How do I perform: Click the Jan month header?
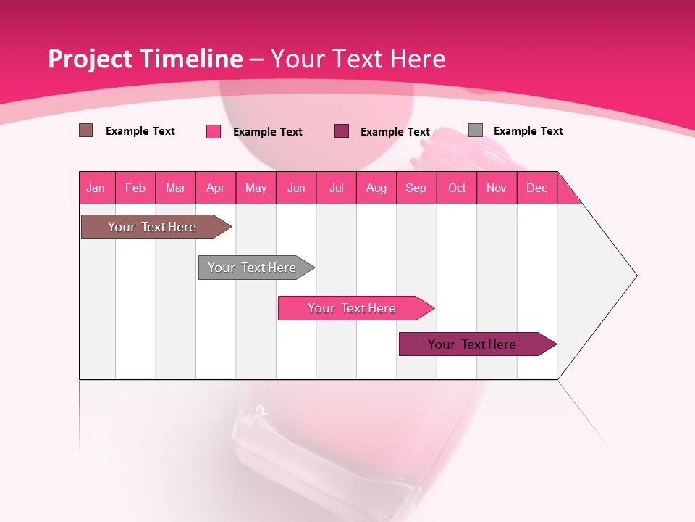96,188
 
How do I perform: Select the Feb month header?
135,188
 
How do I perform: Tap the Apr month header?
216,188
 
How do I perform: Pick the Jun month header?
296,188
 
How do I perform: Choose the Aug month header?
376,188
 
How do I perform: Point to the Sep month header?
416,188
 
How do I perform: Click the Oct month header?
457,188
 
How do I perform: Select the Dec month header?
537,188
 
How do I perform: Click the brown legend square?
86,130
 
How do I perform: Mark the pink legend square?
214,131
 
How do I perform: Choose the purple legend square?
342,131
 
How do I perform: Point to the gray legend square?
476,130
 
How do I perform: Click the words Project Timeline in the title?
146,59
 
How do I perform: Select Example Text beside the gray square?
528,131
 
